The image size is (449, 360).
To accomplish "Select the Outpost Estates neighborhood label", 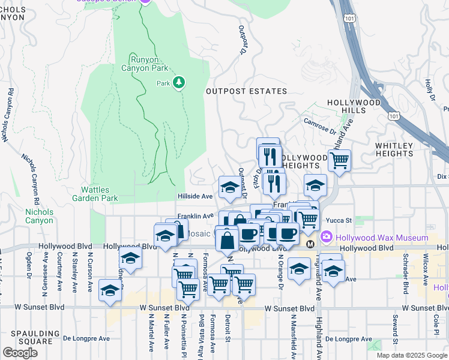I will [247, 91].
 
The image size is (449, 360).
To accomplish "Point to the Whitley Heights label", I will [394, 149].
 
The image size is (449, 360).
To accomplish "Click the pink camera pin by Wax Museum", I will [327, 237].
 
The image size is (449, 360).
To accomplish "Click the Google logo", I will [20, 352].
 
